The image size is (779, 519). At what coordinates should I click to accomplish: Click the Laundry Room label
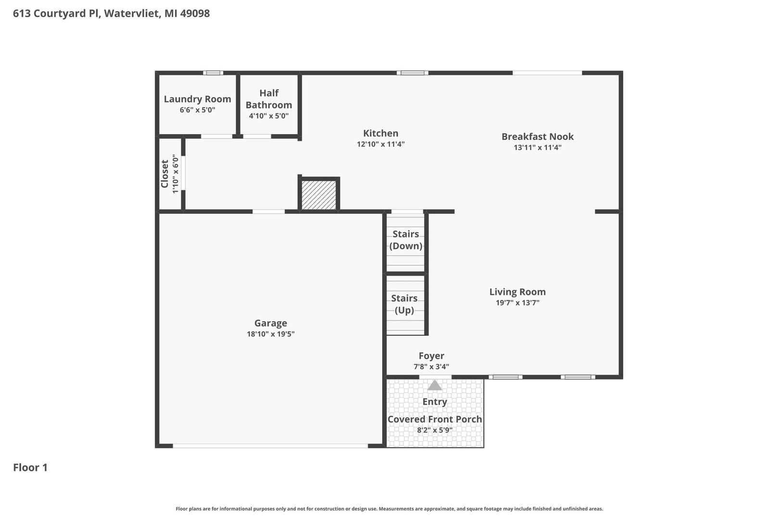197,99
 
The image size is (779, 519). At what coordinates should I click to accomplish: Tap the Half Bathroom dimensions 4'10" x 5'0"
268,116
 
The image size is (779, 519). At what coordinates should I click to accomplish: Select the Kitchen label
380,133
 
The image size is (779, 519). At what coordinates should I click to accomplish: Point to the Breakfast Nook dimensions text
537,148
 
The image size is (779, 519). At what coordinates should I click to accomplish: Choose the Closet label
164,174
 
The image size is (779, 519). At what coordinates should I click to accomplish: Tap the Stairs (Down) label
405,240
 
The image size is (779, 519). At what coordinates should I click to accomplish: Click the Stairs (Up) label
404,304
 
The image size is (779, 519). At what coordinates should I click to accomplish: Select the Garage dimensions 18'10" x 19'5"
271,334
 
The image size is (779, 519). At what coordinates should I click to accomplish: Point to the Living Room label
517,292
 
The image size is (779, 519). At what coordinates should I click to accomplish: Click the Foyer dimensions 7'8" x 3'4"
431,366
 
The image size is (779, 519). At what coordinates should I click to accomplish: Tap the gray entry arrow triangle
434,385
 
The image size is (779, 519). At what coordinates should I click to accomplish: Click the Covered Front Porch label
435,419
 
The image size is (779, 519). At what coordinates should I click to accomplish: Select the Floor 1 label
30,468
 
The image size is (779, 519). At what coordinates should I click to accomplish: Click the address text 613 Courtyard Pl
57,13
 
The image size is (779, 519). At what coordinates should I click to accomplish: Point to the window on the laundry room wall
213,73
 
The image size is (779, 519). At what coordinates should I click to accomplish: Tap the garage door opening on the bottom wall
270,445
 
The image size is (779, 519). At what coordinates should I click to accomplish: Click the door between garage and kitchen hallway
268,212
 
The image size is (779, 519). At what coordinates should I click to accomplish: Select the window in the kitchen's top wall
413,73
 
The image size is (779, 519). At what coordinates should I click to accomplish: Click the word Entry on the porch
435,402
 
